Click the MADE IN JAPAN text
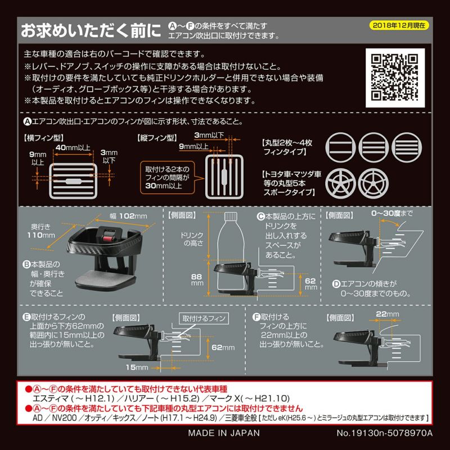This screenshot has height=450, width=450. pos(224,433)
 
